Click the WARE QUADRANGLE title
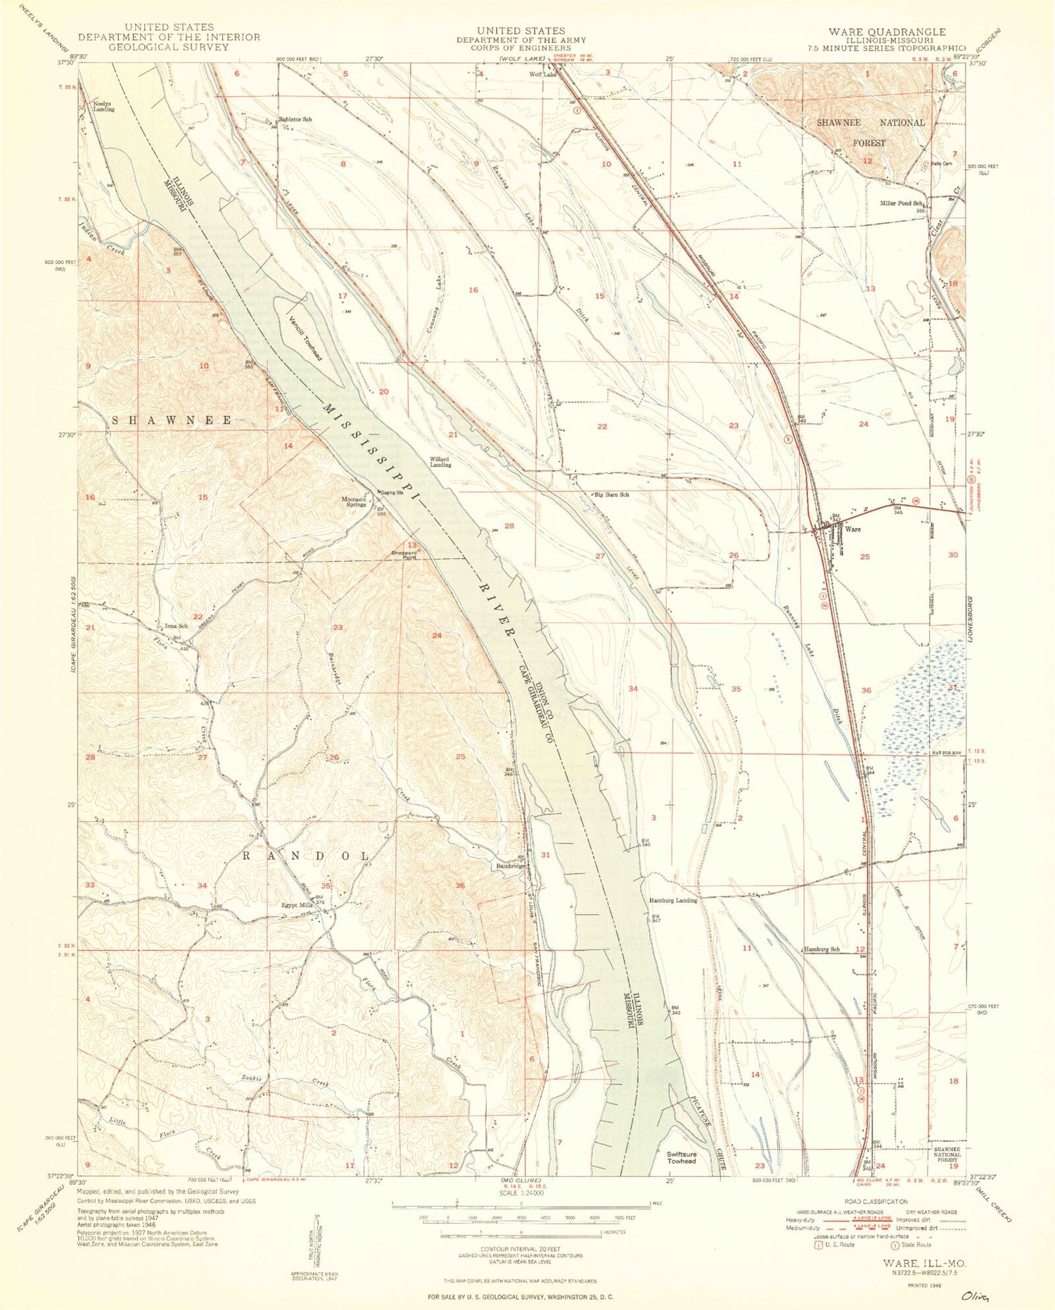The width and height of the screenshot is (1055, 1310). pos(886,32)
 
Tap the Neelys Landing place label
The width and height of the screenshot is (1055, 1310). pos(104,107)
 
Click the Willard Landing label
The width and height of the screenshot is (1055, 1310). pos(441,462)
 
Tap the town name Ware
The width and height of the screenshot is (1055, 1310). pos(852,529)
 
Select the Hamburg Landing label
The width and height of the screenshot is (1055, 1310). pos(672,900)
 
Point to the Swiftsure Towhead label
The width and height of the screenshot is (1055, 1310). pos(682,1157)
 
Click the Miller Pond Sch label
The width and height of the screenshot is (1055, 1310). pos(901,203)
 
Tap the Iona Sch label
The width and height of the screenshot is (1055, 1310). pos(176,626)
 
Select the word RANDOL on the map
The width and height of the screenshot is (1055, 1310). pos(305,856)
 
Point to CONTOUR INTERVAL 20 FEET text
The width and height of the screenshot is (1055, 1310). pos(520,1250)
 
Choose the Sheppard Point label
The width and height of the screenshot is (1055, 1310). pos(404,556)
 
